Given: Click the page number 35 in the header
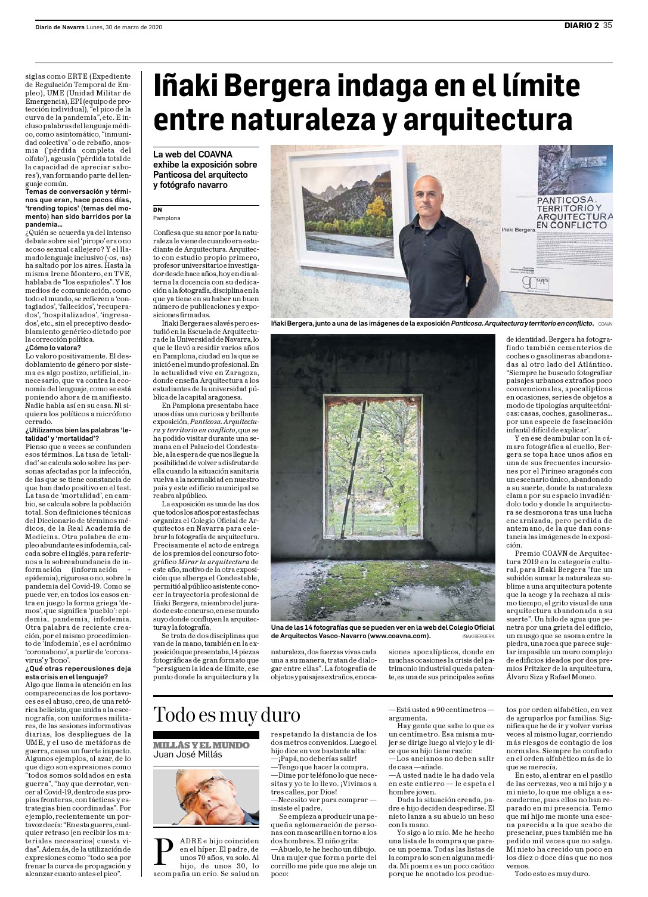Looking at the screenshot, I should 607,25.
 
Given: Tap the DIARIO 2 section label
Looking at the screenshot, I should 582,25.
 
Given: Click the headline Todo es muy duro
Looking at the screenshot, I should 227,714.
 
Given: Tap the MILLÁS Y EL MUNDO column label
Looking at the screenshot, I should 201,745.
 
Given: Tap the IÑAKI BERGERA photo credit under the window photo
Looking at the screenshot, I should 478,637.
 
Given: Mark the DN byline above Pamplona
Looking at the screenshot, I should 157,209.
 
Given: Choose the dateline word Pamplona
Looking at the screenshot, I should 167,218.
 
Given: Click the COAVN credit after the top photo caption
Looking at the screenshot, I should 605,323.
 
